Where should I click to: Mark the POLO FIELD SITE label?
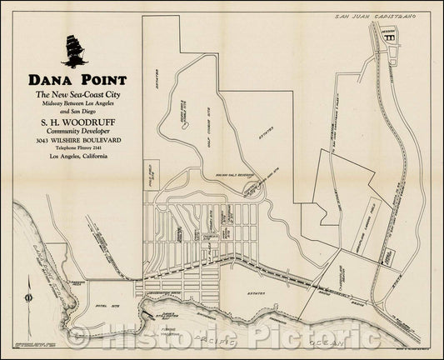pos(153,171)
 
